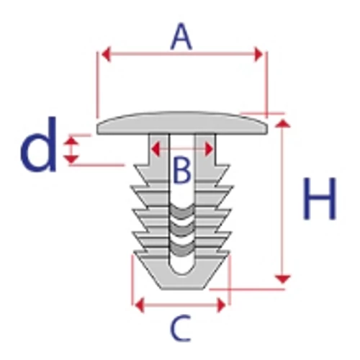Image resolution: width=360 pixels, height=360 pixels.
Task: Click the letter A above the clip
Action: pyautogui.click(x=181, y=37)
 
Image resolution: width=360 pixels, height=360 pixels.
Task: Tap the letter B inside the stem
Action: pyautogui.click(x=182, y=170)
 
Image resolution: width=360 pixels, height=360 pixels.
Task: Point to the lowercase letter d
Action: pyautogui.click(x=39, y=145)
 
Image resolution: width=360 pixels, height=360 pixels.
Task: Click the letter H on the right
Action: pyautogui.click(x=320, y=199)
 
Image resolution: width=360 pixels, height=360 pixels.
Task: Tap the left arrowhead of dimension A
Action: pyautogui.click(x=107, y=55)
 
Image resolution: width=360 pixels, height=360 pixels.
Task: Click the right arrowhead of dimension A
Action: pyautogui.click(x=258, y=55)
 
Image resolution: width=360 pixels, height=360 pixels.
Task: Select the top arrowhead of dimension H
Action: pyautogui.click(x=283, y=123)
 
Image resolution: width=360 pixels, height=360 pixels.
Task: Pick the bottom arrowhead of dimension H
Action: pyautogui.click(x=283, y=279)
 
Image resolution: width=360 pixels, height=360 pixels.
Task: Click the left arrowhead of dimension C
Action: pyautogui.click(x=140, y=305)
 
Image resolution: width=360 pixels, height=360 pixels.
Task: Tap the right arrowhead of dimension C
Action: pyautogui.click(x=221, y=305)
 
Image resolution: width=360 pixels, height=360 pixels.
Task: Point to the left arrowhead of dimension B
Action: pyautogui.click(x=156, y=149)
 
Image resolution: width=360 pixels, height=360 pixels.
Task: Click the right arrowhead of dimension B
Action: pyautogui.click(x=209, y=149)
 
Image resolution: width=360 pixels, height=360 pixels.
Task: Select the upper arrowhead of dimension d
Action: pyautogui.click(x=71, y=140)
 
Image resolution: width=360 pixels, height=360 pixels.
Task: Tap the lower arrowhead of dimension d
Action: pyautogui.click(x=71, y=159)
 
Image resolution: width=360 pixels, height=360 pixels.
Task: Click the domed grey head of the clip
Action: pyautogui.click(x=182, y=123)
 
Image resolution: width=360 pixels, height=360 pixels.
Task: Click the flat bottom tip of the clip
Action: pyautogui.click(x=182, y=289)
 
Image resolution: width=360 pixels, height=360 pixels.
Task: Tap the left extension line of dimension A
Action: pyautogui.click(x=97, y=84)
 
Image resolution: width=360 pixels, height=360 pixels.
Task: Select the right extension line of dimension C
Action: pyautogui.click(x=230, y=279)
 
